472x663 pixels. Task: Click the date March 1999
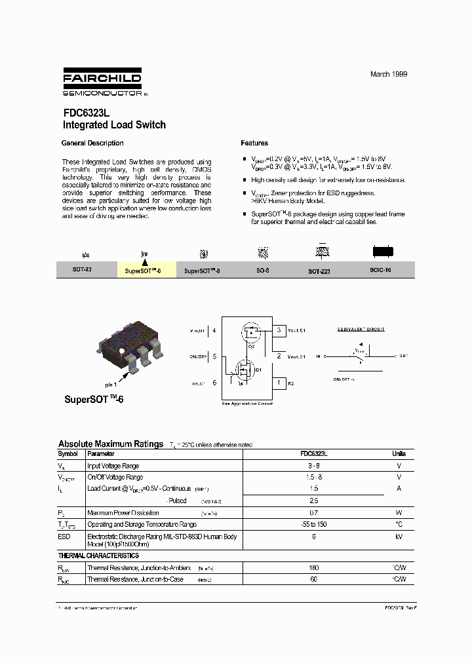[x=389, y=75]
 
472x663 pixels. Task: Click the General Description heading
[x=92, y=143]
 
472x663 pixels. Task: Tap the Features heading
[x=254, y=143]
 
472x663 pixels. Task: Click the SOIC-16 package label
[x=380, y=270]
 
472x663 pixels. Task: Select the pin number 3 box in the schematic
[x=279, y=330]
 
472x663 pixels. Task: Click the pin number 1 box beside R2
[x=279, y=382]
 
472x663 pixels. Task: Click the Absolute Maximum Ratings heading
[x=111, y=444]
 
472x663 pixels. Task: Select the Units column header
[x=399, y=453]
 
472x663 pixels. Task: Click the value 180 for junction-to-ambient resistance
[x=313, y=568]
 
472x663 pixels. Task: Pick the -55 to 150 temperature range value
[x=313, y=524]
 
